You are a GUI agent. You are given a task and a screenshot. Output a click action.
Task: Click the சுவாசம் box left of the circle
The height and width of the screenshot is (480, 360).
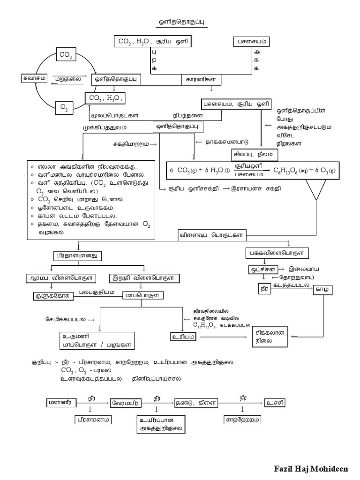(34, 78)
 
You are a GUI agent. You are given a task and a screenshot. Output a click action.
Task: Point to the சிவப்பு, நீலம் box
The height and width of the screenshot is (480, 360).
(255, 154)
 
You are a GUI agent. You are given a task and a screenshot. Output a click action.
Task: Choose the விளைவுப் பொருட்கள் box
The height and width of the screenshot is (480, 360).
(212, 234)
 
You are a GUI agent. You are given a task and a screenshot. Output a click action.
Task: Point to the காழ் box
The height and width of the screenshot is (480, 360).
(324, 289)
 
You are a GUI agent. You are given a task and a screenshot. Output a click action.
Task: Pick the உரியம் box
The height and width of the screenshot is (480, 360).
(183, 336)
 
